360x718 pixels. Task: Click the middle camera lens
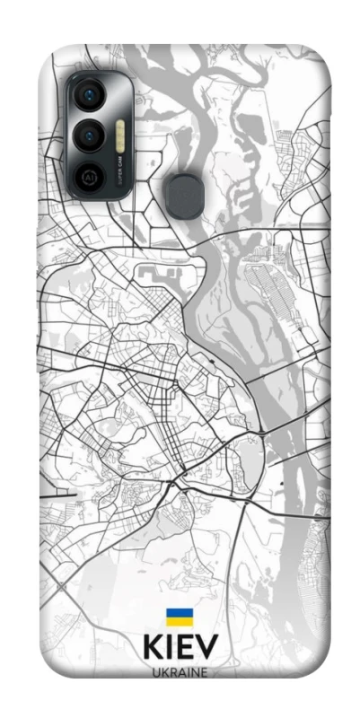90,136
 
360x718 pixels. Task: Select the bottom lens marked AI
90,177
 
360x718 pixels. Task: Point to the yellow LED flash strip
119,136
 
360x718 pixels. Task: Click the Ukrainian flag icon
179,617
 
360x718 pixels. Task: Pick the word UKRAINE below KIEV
180,670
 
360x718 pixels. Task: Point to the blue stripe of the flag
179,613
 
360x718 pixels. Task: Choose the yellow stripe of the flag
179,621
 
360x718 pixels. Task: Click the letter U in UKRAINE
154,670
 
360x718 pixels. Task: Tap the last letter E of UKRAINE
205,670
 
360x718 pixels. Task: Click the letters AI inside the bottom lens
90,177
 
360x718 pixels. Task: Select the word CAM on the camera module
119,164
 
